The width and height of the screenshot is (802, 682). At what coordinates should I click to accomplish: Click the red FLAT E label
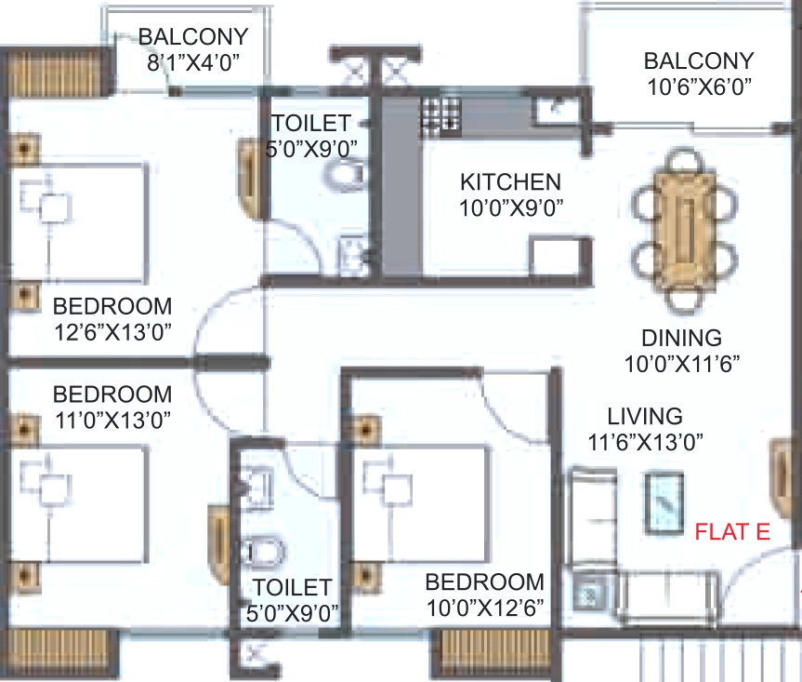(732, 532)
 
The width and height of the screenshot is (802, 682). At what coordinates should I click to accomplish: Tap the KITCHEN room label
(510, 182)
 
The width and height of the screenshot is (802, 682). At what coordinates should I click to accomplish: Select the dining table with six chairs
(685, 232)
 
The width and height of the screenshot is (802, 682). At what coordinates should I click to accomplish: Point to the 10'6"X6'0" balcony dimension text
(699, 87)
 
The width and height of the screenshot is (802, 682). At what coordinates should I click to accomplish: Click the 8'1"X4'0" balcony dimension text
(193, 62)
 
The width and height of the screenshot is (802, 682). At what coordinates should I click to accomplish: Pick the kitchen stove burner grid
(440, 115)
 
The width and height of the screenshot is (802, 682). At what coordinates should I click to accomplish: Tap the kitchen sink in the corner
(556, 110)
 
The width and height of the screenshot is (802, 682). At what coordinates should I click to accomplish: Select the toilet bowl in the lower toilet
(262, 552)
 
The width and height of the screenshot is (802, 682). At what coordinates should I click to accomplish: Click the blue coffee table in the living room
(664, 503)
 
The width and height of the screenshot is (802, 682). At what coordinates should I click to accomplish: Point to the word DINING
(682, 339)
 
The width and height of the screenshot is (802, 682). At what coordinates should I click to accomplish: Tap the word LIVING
(645, 416)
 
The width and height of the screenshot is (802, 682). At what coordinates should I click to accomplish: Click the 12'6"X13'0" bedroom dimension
(112, 332)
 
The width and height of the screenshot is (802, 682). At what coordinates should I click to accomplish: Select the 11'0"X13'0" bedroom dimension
(112, 421)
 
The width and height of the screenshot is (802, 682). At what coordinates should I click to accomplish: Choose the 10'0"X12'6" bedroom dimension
(485, 608)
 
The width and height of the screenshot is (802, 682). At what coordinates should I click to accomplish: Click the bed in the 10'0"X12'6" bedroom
(420, 504)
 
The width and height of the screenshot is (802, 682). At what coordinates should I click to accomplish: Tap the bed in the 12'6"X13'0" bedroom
(79, 222)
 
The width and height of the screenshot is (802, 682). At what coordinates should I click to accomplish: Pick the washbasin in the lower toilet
(256, 487)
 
